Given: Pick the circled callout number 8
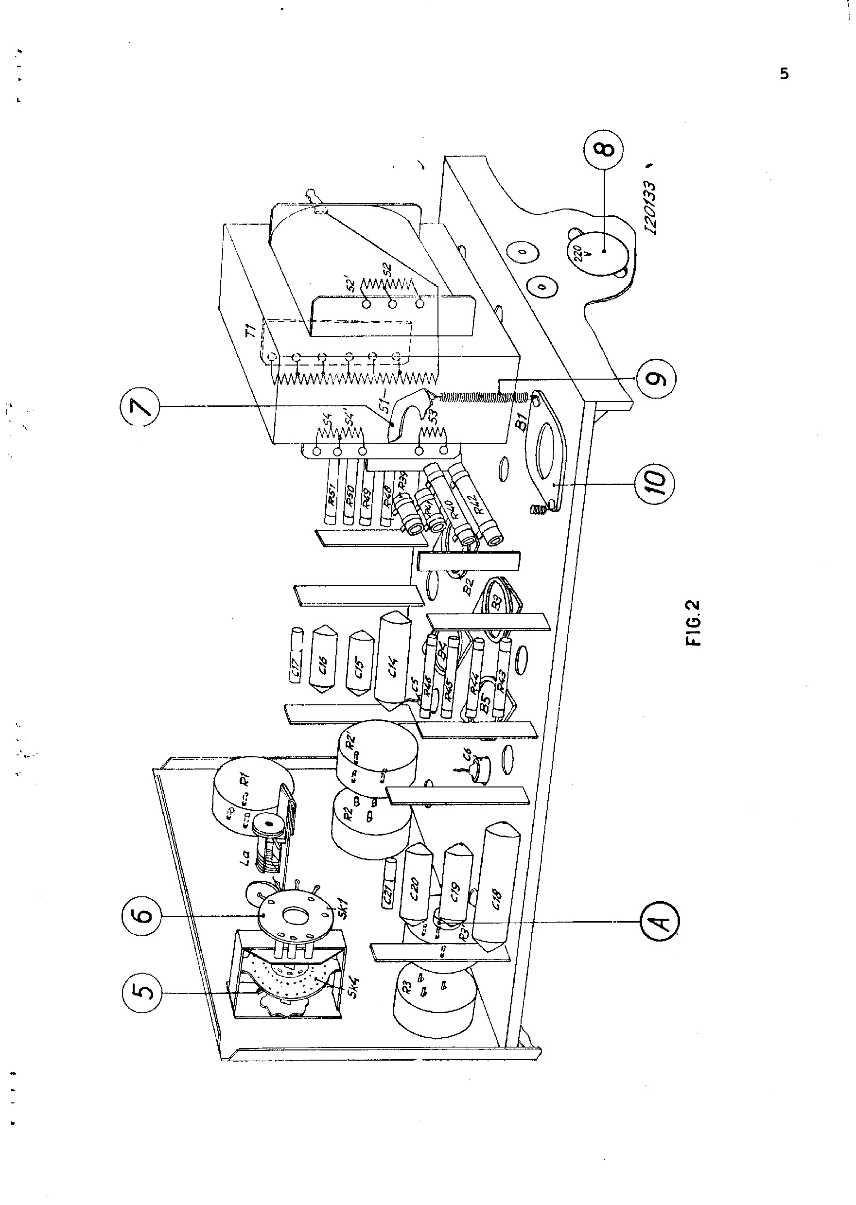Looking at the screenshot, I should pyautogui.click(x=604, y=149).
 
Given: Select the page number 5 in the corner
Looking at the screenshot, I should pyautogui.click(x=785, y=74).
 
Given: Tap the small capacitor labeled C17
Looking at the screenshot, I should pyautogui.click(x=297, y=656).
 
